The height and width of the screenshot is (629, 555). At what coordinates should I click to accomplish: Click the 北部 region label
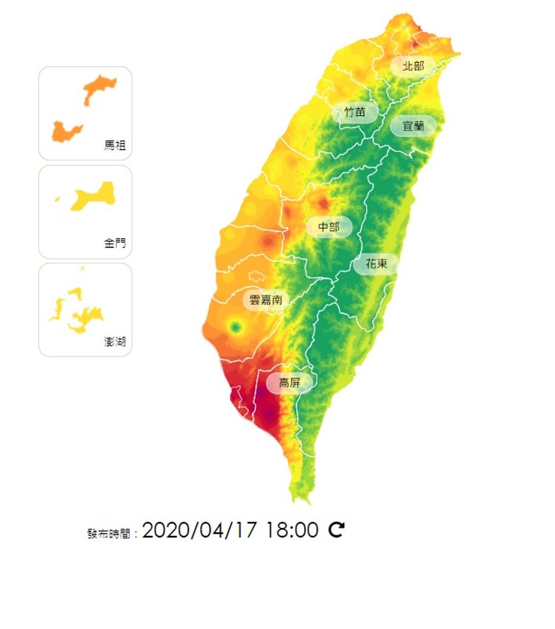pyautogui.click(x=413, y=66)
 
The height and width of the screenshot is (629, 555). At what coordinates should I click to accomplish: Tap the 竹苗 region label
pyautogui.click(x=355, y=112)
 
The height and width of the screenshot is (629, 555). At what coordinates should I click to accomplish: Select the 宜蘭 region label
pyautogui.click(x=413, y=126)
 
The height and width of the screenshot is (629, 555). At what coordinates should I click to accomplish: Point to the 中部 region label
pyautogui.click(x=328, y=227)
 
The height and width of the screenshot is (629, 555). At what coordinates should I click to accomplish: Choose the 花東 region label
pyautogui.click(x=376, y=263)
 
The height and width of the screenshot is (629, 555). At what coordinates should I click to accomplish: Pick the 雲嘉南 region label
pyautogui.click(x=266, y=300)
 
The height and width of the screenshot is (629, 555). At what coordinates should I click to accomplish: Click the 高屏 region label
pyautogui.click(x=289, y=382)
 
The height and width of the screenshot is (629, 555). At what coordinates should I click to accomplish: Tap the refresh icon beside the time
pyautogui.click(x=337, y=530)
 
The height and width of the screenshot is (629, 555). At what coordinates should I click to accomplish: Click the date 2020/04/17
pyautogui.click(x=199, y=530)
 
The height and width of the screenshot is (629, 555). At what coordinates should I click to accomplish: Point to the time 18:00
pyautogui.click(x=292, y=530)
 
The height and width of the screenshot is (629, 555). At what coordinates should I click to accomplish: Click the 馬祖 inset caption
pyautogui.click(x=115, y=145)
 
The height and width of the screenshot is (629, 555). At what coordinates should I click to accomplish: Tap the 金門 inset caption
pyautogui.click(x=115, y=243)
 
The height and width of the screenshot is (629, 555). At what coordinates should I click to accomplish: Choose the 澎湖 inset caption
pyautogui.click(x=115, y=342)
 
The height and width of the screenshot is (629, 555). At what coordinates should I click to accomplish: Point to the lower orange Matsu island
pyautogui.click(x=66, y=131)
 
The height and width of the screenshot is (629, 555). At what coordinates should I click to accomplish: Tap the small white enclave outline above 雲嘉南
pyautogui.click(x=257, y=276)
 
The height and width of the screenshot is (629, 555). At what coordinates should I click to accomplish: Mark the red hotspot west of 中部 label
pyautogui.click(x=269, y=242)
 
